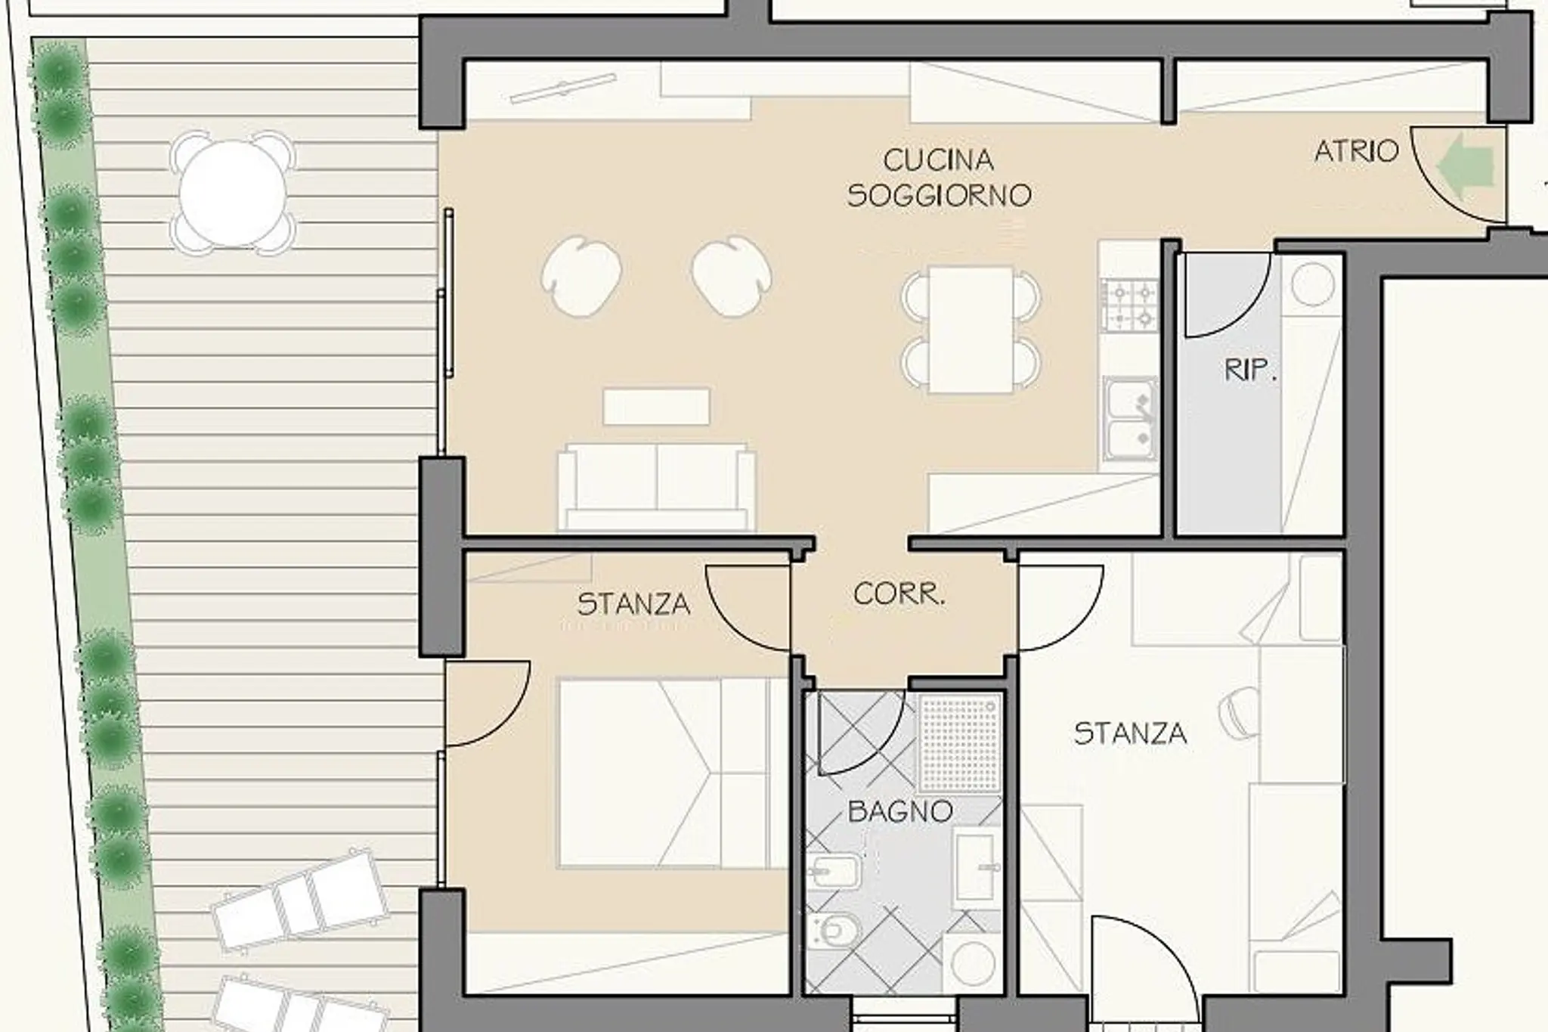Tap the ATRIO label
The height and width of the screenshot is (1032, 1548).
point(1357,152)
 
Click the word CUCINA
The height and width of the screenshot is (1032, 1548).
point(938,160)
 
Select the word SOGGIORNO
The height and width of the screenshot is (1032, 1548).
point(939,196)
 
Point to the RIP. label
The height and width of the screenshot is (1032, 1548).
point(1250,370)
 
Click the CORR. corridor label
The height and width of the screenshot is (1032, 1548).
point(899,594)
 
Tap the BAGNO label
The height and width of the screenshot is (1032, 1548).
point(899,812)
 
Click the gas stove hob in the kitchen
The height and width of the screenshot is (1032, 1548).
point(1129,305)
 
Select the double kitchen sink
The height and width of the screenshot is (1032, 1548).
point(1130,419)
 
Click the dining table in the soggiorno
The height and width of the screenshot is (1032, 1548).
point(971,330)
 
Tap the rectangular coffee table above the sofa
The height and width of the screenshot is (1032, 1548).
point(656,407)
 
